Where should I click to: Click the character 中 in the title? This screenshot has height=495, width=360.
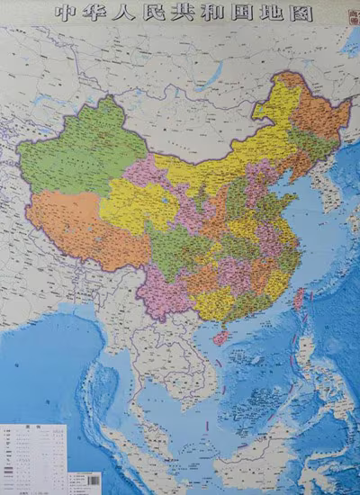(x=62, y=13)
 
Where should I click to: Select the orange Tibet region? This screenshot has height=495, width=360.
(x=72, y=225)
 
